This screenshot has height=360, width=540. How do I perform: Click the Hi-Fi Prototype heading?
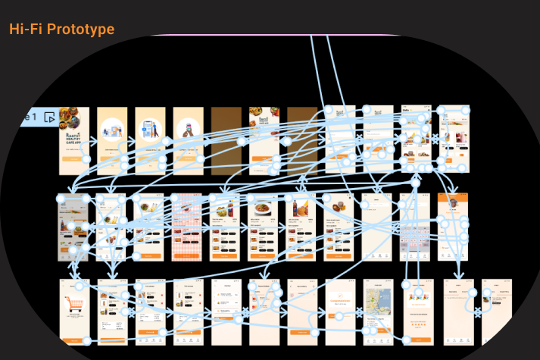click(62, 30)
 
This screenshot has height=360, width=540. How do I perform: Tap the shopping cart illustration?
click(74, 305)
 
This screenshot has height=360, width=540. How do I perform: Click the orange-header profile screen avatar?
click(452, 203)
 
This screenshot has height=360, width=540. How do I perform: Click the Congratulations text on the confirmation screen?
click(341, 300)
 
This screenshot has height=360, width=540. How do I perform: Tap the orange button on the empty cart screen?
click(74, 339)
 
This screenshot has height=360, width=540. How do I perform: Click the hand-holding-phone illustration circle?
click(188, 130)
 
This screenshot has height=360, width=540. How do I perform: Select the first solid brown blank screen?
click(226, 140)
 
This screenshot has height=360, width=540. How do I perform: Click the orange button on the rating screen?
click(417, 339)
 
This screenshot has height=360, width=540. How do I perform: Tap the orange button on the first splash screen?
click(74, 158)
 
